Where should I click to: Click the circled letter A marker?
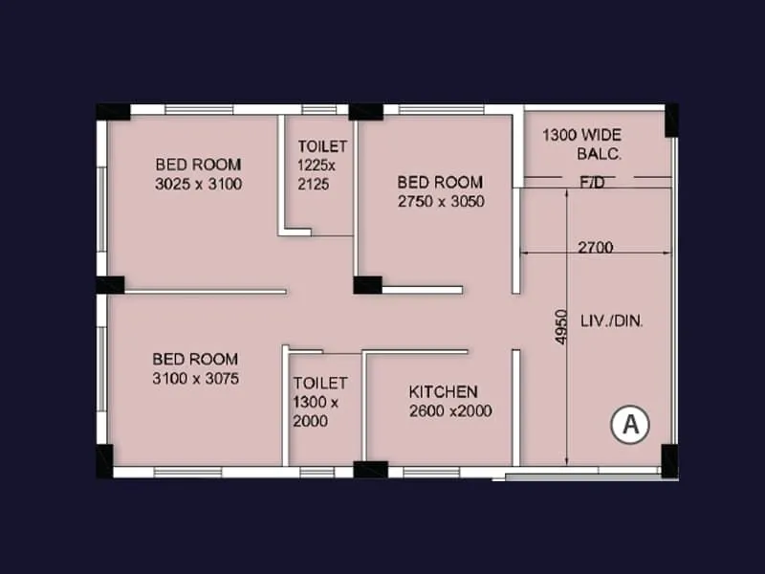point(630,424)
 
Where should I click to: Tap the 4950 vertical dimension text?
point(561,326)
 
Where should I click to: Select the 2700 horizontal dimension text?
point(595,248)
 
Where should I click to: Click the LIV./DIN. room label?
point(612,321)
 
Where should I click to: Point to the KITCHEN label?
point(443,392)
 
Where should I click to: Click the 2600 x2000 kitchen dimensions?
point(450,411)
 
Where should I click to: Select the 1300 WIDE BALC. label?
point(582,144)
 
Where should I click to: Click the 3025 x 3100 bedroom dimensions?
point(198,184)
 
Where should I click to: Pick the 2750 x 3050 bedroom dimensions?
point(441,201)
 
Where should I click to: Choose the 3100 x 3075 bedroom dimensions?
point(195,379)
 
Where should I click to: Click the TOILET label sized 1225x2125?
point(322,146)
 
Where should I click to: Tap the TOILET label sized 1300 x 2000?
point(320,384)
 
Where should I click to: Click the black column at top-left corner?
point(112,112)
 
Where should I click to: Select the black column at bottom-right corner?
point(669,460)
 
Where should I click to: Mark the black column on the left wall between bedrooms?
point(110,285)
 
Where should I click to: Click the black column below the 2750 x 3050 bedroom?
point(367,285)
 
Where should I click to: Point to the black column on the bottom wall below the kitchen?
point(370,469)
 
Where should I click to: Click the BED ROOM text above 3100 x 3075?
point(195,360)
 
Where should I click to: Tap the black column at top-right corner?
point(671,120)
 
